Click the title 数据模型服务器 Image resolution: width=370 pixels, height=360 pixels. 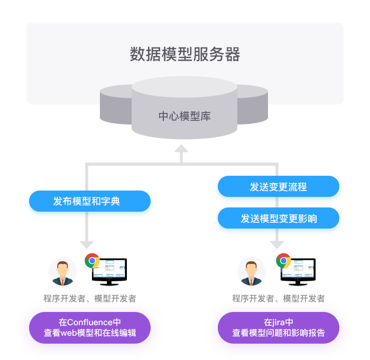[185, 54]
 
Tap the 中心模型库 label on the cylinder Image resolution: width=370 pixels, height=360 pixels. [184, 116]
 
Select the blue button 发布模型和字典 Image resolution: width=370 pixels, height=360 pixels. [90, 201]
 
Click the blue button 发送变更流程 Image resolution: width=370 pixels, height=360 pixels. [279, 187]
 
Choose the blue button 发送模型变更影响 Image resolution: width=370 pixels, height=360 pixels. [279, 218]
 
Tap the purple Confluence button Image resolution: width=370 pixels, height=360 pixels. [90, 327]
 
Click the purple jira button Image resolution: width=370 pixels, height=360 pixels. [279, 327]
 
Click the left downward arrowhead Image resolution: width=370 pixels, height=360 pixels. [87, 244]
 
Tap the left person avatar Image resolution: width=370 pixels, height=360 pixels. [63, 272]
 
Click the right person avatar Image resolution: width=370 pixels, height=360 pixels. [252, 272]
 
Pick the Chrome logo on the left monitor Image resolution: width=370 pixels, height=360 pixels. [92, 261]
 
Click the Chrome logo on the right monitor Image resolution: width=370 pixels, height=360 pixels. [283, 261]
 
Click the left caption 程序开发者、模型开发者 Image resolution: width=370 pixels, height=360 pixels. [90, 299]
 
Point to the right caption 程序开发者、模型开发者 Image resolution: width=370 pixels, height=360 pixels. [279, 299]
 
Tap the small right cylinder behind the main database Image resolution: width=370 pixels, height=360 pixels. [253, 106]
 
